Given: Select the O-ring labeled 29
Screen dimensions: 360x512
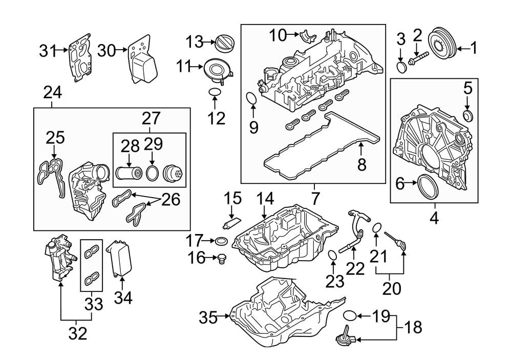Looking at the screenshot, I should (x=152, y=173).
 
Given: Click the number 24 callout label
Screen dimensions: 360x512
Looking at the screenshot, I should (x=52, y=93).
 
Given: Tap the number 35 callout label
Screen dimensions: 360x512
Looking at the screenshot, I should (x=209, y=317).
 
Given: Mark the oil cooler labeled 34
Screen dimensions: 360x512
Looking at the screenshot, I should (x=119, y=259).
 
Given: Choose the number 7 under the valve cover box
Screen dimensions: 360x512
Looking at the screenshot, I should (x=314, y=197).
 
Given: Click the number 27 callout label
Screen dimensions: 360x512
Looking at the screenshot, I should (x=151, y=118).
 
